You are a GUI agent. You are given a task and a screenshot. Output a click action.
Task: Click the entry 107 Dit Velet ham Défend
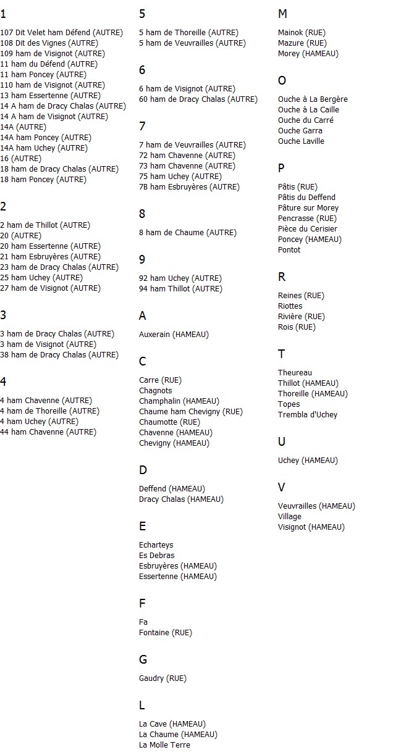pos(61,33)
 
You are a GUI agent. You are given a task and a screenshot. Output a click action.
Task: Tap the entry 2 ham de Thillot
pos(45,225)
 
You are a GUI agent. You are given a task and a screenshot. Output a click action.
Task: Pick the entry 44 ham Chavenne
pos(48,432)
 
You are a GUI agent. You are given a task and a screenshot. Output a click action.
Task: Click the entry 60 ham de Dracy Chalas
pos(198,99)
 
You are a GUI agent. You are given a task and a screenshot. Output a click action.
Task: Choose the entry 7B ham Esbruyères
pos(189,187)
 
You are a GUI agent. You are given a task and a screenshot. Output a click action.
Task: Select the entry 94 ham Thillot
pos(180,289)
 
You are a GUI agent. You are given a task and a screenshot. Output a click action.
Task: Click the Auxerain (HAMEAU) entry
pos(174,335)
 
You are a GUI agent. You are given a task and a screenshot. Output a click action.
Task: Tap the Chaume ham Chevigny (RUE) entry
pos(191,412)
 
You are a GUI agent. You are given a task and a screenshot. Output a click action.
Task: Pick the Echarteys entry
pos(156,545)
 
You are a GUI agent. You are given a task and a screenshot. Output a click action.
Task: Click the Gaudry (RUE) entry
pos(162,678)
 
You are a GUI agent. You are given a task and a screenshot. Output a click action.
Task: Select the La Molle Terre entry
pos(164,745)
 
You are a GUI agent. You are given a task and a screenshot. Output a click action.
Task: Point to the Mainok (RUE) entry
pos(301,33)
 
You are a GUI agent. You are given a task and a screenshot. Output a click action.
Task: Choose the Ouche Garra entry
pos(300,131)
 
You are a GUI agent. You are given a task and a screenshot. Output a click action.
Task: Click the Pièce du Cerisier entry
pos(308,229)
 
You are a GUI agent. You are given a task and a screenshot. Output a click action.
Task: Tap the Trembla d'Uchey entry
pos(308,415)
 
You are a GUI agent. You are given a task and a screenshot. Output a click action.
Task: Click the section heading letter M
pos(282,14)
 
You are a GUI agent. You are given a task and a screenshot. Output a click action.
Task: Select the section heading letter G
pos(143,660)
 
